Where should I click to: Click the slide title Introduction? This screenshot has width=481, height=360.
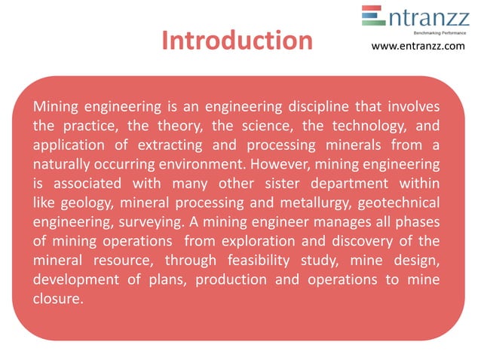tap(237, 41)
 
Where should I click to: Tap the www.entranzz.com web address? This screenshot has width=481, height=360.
tap(418, 47)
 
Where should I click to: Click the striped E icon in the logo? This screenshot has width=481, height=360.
tap(372, 16)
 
